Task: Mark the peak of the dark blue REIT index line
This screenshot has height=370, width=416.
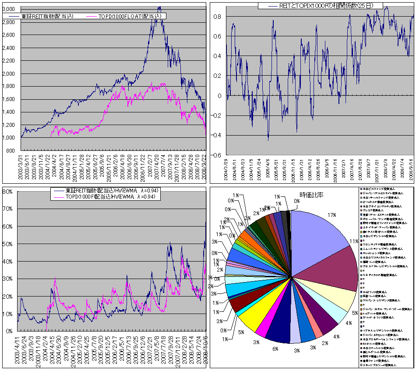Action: click(159, 7)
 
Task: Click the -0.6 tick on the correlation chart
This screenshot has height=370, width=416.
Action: click(216, 155)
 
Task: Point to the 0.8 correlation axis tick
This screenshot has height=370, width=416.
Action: click(218, 17)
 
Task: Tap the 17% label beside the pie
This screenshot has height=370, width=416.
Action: click(331, 215)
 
